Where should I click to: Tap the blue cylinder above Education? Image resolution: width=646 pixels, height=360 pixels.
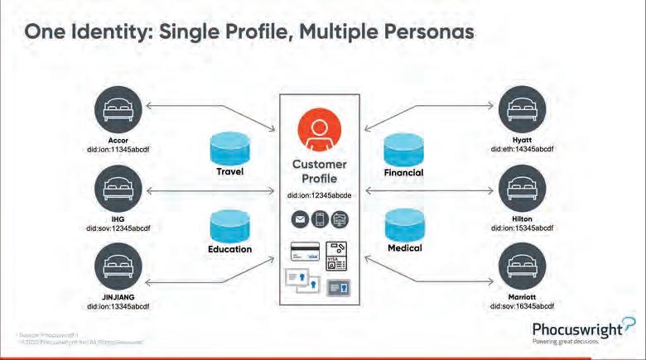tap(229, 225)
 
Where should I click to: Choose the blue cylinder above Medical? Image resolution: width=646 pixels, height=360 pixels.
tap(404, 225)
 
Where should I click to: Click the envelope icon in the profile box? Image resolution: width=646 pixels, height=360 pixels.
tap(298, 218)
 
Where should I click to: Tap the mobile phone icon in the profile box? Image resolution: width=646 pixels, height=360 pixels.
tap(318, 218)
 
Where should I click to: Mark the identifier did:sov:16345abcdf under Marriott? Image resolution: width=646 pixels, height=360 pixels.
tap(522, 306)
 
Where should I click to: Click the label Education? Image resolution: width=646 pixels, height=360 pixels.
tap(229, 248)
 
